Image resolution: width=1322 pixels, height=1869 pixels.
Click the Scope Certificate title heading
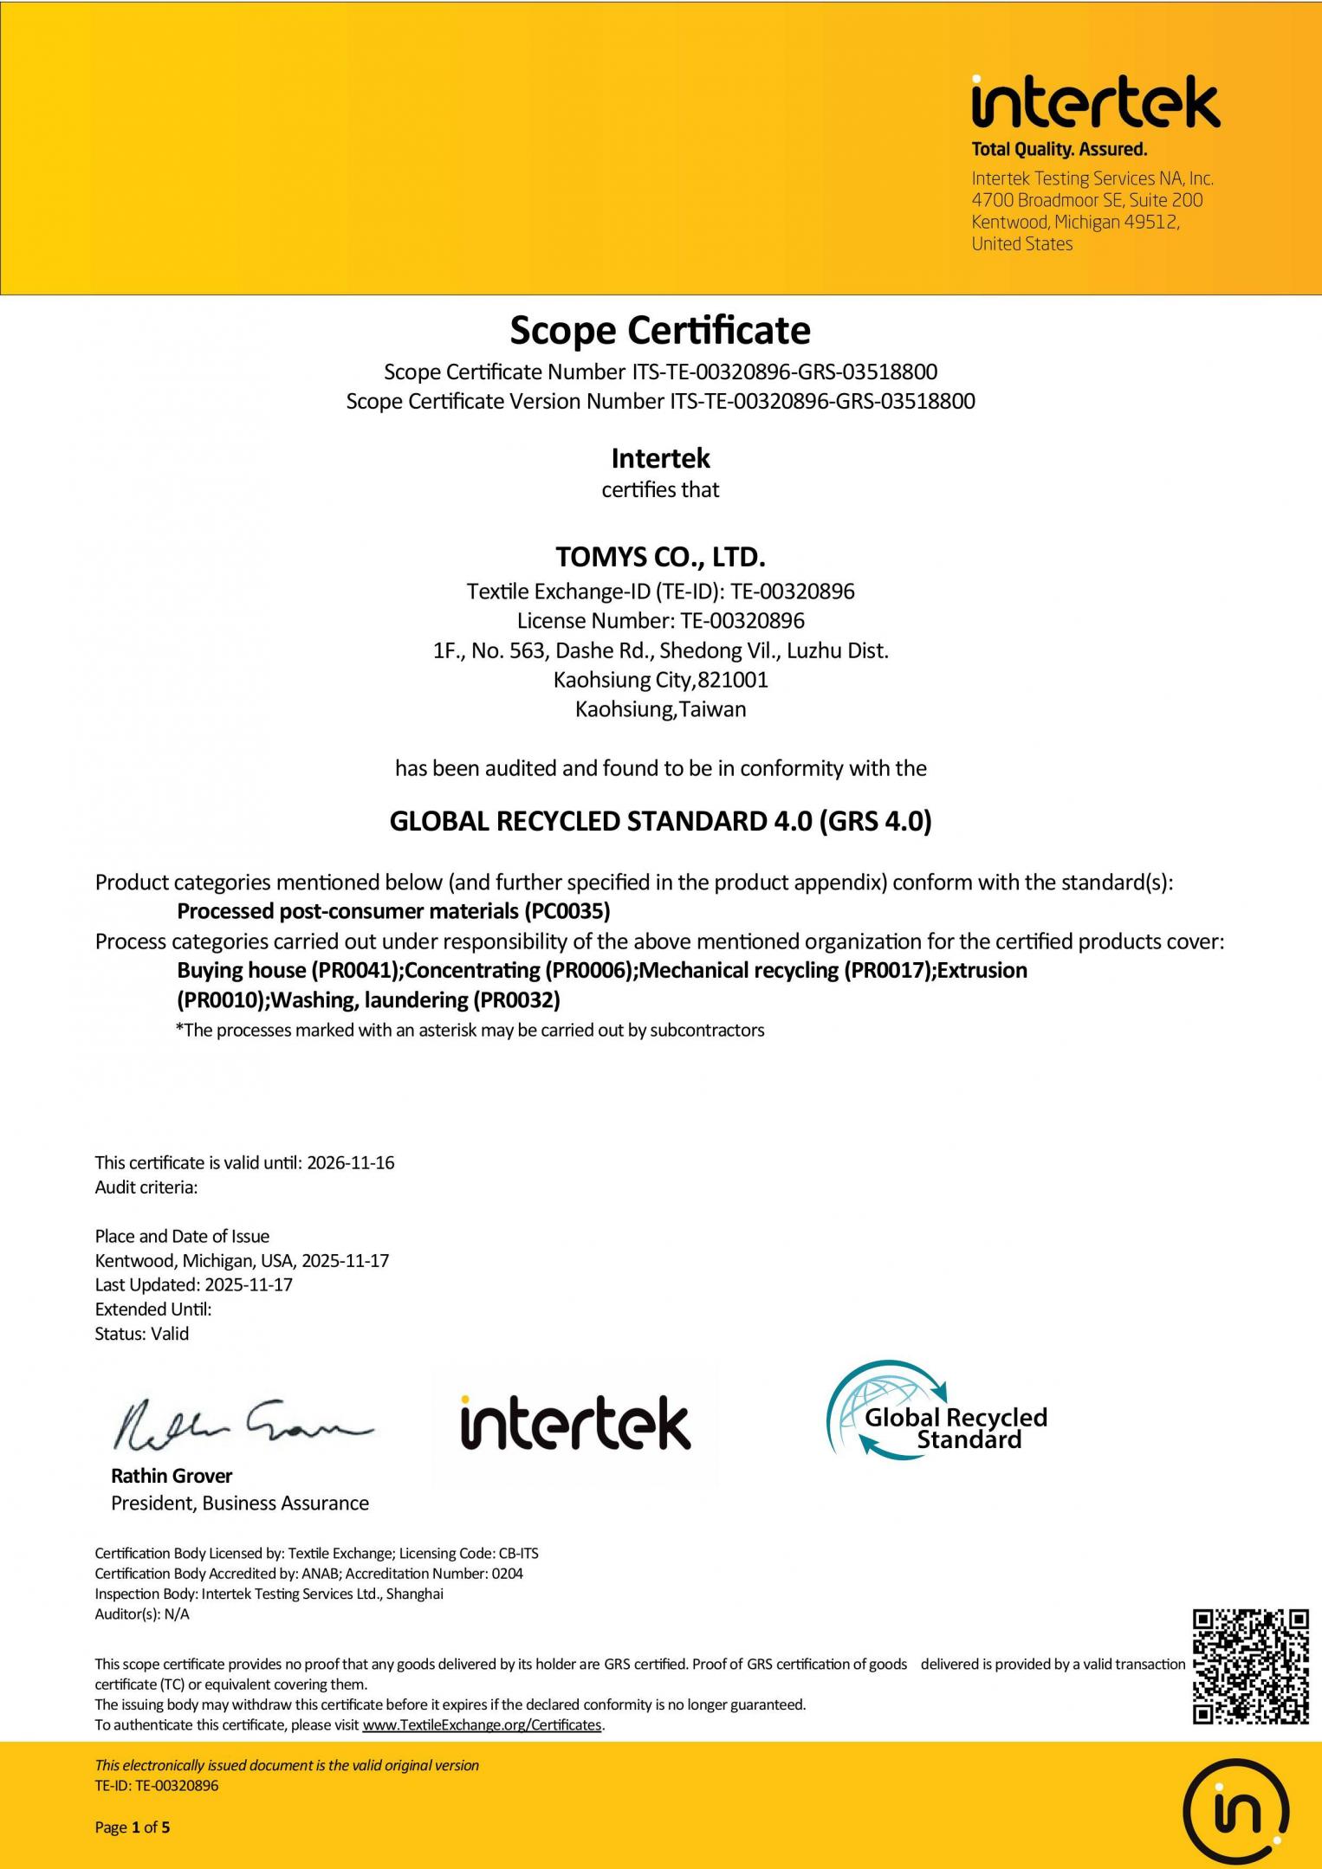pyautogui.click(x=660, y=331)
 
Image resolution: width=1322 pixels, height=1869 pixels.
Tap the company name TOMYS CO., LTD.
pyautogui.click(x=660, y=556)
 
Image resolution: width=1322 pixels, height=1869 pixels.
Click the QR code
pyautogui.click(x=1250, y=1666)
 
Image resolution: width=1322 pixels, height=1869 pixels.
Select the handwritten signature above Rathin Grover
pyautogui.click(x=242, y=1425)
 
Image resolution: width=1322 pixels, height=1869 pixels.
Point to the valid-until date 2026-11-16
pyautogui.click(x=351, y=1163)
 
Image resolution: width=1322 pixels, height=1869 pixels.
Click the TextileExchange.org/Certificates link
pyautogui.click(x=482, y=1724)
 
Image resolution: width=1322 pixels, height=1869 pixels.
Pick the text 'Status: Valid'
pyautogui.click(x=142, y=1334)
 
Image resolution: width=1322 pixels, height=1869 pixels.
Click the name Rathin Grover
pyautogui.click(x=172, y=1476)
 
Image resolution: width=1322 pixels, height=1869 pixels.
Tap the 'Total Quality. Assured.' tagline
pyautogui.click(x=1059, y=149)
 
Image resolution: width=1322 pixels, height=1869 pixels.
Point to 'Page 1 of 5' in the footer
pyautogui.click(x=133, y=1827)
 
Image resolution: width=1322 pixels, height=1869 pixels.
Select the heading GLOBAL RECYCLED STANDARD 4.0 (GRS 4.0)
pyautogui.click(x=660, y=821)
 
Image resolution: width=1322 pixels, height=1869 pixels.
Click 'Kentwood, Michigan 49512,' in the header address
pyautogui.click(x=1075, y=222)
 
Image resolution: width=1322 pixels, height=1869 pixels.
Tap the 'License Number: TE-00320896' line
pyautogui.click(x=660, y=621)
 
